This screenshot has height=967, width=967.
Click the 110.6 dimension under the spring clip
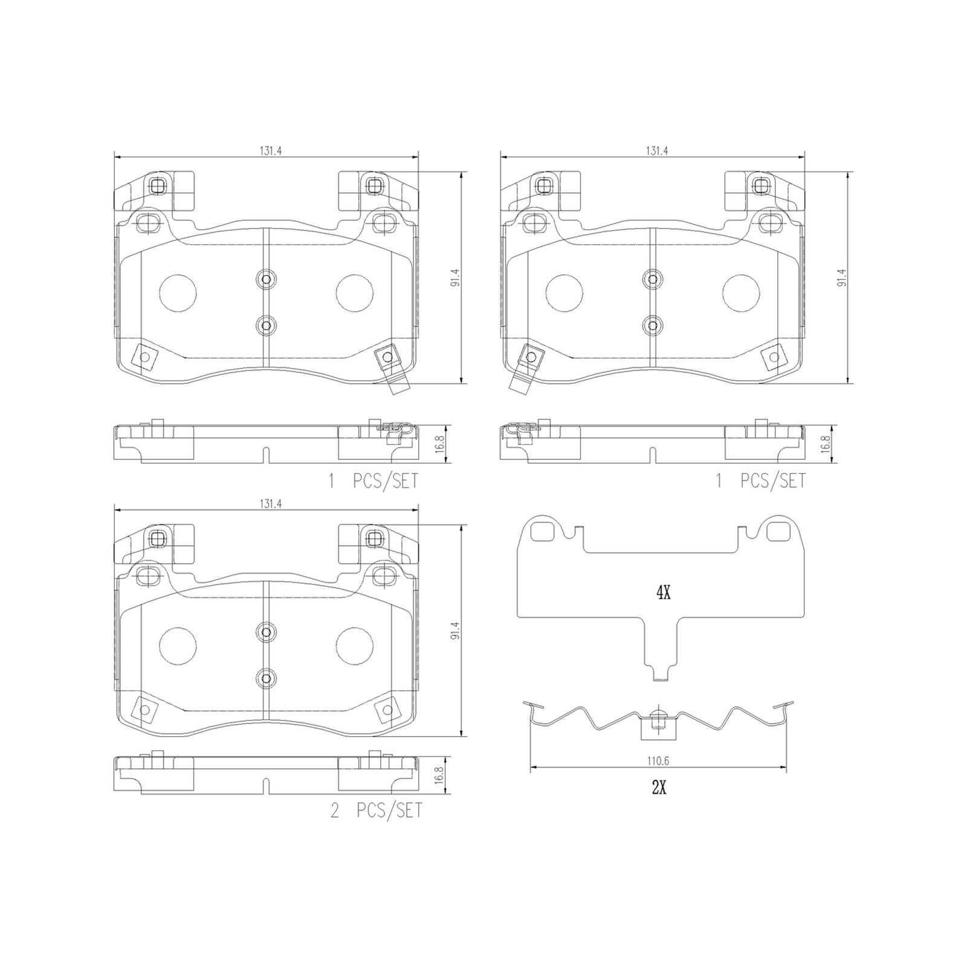pos(658,762)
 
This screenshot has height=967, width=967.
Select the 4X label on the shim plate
pos(663,593)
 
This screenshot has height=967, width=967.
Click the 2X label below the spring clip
pos(659,788)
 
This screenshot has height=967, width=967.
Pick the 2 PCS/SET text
pos(376,810)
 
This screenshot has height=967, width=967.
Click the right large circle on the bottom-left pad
pos(355,646)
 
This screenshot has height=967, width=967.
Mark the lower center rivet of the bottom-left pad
pos(265,678)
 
